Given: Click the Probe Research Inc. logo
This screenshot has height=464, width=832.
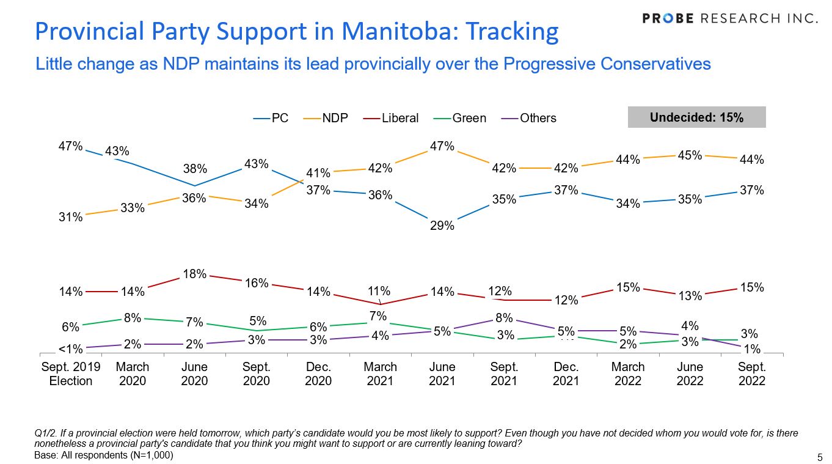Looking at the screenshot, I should pyautogui.click(x=730, y=18).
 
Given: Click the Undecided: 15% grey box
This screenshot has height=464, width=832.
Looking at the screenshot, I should pyautogui.click(x=696, y=117).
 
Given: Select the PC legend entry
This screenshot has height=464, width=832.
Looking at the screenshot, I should pyautogui.click(x=271, y=118).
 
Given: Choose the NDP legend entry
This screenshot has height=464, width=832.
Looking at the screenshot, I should pyautogui.click(x=326, y=118).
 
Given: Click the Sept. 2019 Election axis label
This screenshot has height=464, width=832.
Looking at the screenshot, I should pyautogui.click(x=70, y=374).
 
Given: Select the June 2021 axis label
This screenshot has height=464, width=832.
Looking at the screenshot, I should pyautogui.click(x=442, y=374).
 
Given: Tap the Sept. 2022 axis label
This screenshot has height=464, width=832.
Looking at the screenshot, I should pyautogui.click(x=751, y=374).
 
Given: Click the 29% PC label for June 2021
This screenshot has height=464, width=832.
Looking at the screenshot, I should pyautogui.click(x=442, y=226).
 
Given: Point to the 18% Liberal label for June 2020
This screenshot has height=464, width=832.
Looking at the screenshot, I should pyautogui.click(x=194, y=274).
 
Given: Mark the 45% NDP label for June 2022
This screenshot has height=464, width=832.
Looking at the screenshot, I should pyautogui.click(x=690, y=155).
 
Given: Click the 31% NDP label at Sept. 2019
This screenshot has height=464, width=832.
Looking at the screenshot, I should pyautogui.click(x=70, y=216).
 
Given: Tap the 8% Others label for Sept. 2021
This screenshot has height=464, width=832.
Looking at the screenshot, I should pyautogui.click(x=505, y=317).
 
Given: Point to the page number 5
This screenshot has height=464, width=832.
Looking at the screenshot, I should pyautogui.click(x=820, y=457).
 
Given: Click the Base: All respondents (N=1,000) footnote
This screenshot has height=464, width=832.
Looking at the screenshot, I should pyautogui.click(x=104, y=455).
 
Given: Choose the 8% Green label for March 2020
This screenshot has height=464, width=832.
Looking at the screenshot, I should pyautogui.click(x=133, y=317).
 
